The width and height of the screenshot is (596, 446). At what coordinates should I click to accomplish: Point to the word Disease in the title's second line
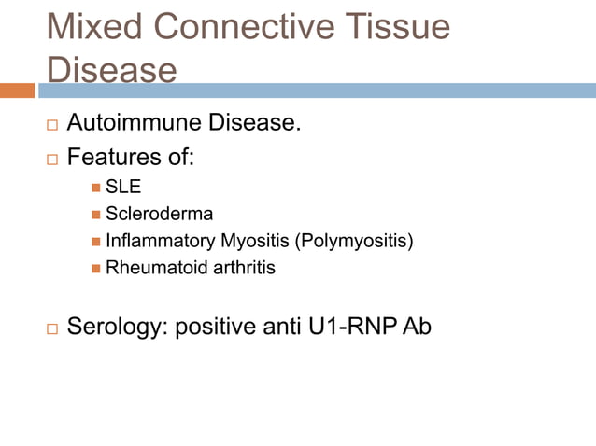tap(112, 71)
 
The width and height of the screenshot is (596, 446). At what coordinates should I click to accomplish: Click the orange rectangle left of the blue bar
tap(17, 91)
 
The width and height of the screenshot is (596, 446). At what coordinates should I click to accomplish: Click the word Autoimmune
tap(139, 123)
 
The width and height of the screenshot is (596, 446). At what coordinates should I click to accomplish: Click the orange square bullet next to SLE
tap(96, 188)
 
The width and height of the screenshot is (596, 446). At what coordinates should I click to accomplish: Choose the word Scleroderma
tap(160, 215)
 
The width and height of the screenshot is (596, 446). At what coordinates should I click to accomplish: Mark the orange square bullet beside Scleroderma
tap(96, 216)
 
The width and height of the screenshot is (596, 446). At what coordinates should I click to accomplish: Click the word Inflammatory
tap(160, 242)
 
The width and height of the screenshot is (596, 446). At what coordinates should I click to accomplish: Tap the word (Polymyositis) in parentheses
tap(353, 242)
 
